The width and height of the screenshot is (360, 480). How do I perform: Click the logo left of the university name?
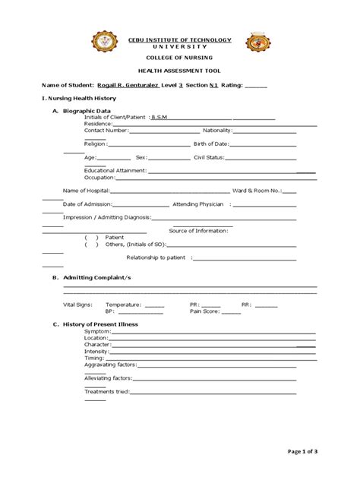[x=104, y=43]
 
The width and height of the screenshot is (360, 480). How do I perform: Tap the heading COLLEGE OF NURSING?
[x=180, y=58]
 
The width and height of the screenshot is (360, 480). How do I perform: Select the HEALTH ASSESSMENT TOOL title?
[x=180, y=71]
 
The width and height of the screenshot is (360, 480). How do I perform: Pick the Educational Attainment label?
[x=115, y=170]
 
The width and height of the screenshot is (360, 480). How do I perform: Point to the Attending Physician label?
[x=198, y=204]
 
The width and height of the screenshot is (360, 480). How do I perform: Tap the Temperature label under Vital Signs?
[x=124, y=304]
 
